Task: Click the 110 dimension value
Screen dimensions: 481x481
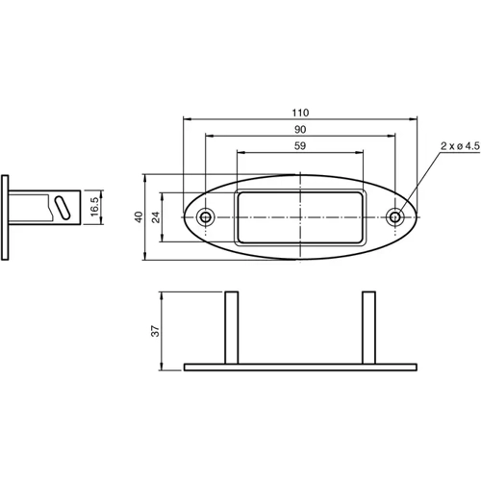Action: pos(300,112)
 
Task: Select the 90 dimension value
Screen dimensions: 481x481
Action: pos(300,129)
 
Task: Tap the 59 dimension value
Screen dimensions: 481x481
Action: pos(300,145)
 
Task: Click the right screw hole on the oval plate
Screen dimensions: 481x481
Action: pos(395,216)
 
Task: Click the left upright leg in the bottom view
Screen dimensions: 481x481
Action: pos(231,327)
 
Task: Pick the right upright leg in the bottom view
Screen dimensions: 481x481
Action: pos(368,327)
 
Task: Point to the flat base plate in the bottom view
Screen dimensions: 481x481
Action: pos(300,367)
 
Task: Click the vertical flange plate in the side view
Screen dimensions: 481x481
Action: pos(7,217)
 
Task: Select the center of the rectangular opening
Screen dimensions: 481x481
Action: pos(300,216)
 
